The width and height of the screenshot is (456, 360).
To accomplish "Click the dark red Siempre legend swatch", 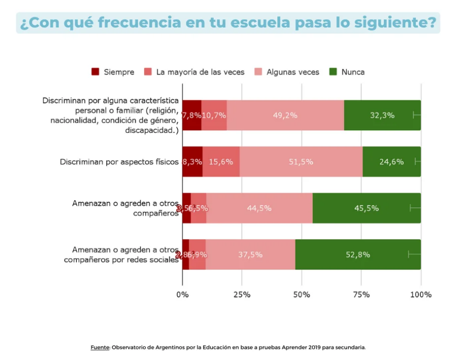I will click(95, 72).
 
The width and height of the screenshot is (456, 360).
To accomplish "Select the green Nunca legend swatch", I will click(333, 72).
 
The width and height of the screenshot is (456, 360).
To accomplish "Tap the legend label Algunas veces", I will click(293, 72).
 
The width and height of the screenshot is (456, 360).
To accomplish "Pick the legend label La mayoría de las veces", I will click(200, 72).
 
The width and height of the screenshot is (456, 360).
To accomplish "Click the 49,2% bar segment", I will click(285, 115).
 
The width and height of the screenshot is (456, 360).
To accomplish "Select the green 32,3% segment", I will click(382, 115).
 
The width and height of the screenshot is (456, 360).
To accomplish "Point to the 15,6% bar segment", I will click(221, 162).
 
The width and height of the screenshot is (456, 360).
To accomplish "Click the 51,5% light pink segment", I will click(301, 162).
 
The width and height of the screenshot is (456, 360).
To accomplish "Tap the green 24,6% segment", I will click(391, 162).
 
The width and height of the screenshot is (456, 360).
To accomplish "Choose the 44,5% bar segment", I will click(259, 208).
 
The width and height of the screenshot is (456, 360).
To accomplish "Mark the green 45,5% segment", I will click(366, 208).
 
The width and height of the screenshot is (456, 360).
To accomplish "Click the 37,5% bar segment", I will click(250, 255).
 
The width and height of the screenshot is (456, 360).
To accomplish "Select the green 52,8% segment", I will click(358, 255).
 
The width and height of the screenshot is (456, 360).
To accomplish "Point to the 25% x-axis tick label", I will click(242, 294).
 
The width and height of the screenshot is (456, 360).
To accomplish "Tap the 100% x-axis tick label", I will click(420, 294).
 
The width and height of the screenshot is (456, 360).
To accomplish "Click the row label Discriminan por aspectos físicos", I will click(119, 162).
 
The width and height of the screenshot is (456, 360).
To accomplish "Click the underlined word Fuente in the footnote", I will click(99, 348).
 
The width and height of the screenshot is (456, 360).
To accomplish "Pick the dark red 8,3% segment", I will click(192, 162).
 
